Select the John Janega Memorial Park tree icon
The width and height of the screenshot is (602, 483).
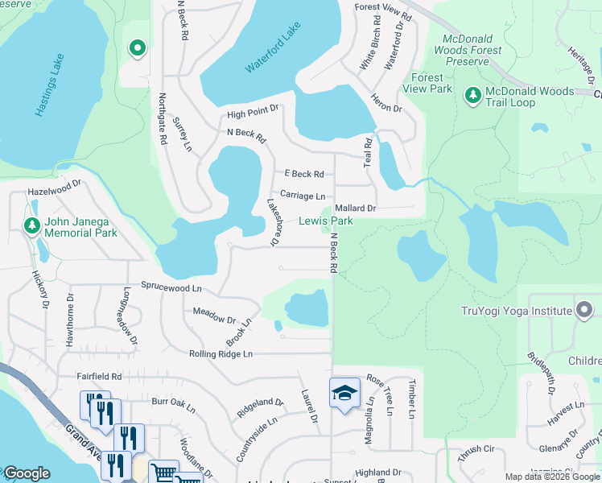32,225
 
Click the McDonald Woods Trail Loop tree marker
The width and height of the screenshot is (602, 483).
473,97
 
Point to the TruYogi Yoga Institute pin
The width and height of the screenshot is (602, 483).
584,309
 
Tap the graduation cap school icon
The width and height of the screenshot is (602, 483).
344,393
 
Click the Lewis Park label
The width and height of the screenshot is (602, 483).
326,221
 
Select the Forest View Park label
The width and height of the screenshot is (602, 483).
431,83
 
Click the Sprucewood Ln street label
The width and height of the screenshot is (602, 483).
171,287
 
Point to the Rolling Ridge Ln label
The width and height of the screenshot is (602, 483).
221,353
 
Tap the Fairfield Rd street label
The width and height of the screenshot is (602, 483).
99,376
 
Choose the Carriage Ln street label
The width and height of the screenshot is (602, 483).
303,196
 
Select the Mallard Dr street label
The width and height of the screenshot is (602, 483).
355,208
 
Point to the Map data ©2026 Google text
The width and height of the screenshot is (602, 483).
552,477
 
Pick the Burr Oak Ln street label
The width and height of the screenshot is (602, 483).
173,400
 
